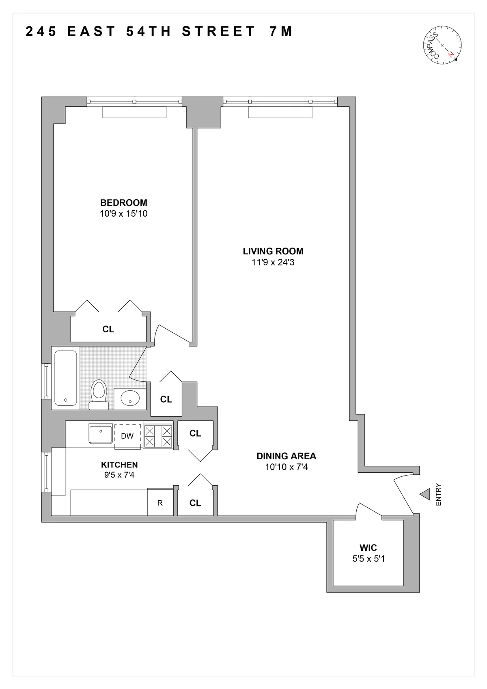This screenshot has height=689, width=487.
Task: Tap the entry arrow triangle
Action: pos(425,494)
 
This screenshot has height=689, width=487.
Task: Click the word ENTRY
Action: pos(438,495)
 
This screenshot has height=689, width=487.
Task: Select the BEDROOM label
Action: pos(124,202)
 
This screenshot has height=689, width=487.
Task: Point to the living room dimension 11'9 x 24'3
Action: pos(273,262)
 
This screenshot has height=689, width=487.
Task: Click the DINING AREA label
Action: pos(286,456)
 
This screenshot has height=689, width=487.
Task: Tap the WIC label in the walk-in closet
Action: pos(368,548)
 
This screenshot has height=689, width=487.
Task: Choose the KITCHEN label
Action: pos(119,465)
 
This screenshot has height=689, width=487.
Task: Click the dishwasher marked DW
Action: pos(127,436)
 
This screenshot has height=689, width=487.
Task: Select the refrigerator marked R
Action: pos(160,503)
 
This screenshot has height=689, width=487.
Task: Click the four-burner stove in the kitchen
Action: pos(158,436)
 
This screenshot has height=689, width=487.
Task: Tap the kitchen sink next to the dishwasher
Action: pos(101,434)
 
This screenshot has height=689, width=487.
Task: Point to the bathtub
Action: pos(65,377)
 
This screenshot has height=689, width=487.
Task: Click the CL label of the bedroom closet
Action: pos(108,329)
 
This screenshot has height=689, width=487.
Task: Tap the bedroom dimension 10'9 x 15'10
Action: pos(124,213)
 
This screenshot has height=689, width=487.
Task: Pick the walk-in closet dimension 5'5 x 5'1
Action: pos(368,559)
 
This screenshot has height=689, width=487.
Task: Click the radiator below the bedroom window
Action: pos(134,112)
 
